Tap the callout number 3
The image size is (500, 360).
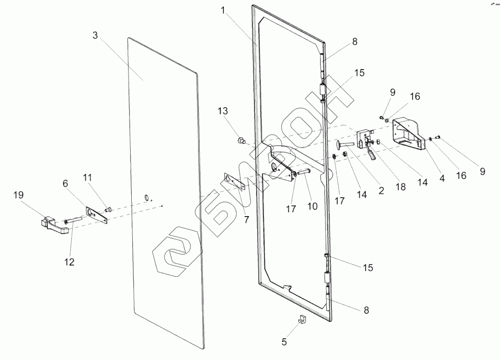tap(95, 36)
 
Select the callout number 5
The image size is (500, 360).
tap(285, 342)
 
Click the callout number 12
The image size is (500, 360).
tap(70, 261)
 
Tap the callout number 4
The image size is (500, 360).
tap(442, 178)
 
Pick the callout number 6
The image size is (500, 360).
tap(65, 183)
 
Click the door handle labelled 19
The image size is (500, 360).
tap(53, 224)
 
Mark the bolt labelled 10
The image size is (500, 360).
tap(304, 171)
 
